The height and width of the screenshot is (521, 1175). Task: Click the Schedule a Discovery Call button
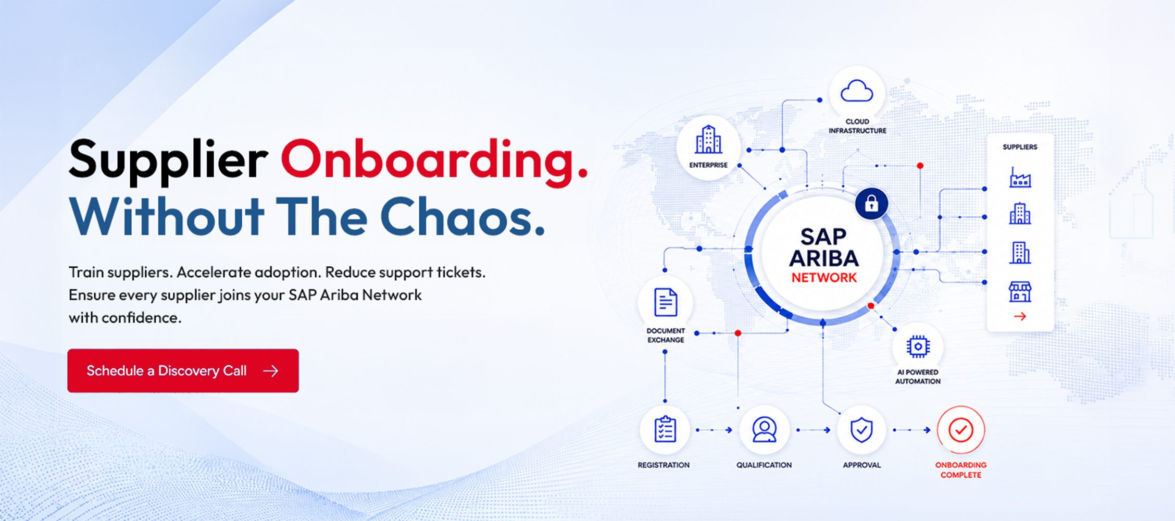coord(183,370)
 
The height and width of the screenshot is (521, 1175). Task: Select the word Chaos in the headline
coord(463,217)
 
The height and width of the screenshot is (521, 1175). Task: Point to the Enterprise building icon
coord(708,140)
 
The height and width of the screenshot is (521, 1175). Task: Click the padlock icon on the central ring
coord(871,204)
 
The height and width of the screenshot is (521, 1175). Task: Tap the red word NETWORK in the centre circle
coord(824,278)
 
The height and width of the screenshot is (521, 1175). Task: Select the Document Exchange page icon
coord(666,302)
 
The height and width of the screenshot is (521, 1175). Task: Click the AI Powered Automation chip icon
coord(918,346)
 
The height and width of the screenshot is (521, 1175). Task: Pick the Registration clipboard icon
coord(665,430)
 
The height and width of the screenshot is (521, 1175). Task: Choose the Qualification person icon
coord(764,430)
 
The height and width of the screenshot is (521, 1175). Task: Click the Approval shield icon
coord(861,430)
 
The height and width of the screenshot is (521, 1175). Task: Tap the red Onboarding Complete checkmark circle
coord(961,430)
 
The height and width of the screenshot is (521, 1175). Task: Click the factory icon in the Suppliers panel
coord(1020,177)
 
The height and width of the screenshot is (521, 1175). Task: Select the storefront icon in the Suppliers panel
coord(1020,292)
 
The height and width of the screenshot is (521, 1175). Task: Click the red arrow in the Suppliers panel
coord(1020,316)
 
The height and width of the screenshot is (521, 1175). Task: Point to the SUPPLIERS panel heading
coord(1020,147)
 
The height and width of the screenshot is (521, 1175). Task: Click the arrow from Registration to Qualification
coord(714,430)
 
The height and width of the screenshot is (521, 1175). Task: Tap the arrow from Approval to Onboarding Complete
coord(911,430)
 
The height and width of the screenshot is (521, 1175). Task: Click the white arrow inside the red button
coord(270,370)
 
